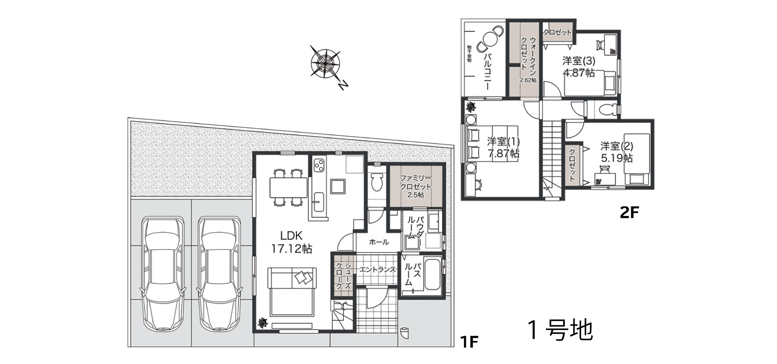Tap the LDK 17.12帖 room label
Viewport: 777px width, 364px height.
[291, 242]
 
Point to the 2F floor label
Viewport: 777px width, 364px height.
[629, 212]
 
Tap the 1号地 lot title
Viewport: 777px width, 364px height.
[560, 330]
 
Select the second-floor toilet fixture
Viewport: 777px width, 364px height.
[607, 108]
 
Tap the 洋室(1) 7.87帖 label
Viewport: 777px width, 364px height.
[503, 148]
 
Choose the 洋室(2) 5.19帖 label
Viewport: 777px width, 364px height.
[616, 152]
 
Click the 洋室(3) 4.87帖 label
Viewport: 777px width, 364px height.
[579, 67]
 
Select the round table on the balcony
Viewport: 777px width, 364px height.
[487, 40]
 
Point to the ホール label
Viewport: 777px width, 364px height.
[379, 242]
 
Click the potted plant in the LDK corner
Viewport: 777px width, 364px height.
[263, 322]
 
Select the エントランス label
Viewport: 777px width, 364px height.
[377, 269]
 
